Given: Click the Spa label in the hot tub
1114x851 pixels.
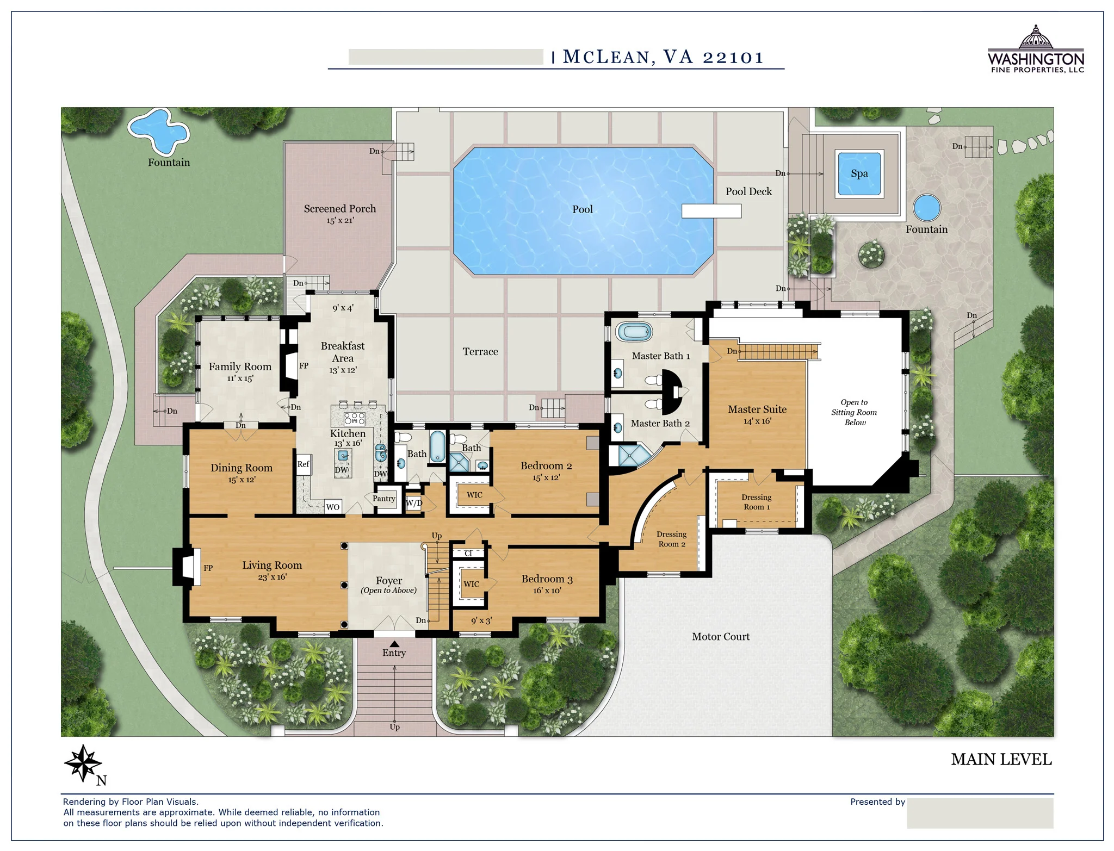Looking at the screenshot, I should tap(859, 173).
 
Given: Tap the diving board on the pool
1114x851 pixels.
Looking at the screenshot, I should tap(711, 210).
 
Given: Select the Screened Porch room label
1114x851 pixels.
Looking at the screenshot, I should tap(339, 209).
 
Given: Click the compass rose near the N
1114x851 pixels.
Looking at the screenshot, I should tap(83, 763).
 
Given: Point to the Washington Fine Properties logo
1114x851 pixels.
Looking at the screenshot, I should tap(1036, 49).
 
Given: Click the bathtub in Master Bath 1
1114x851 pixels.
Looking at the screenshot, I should tap(634, 331).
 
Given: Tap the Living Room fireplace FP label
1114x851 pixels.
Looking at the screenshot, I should tap(208, 568).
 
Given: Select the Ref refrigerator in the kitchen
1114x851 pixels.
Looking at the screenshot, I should tap(303, 464).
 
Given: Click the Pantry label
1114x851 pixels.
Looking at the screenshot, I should tap(384, 499).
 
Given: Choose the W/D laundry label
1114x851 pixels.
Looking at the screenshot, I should tap(414, 503).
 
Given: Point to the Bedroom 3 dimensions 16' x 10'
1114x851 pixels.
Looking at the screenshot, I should tap(547, 591).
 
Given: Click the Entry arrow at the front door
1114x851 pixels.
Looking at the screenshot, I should tap(394, 644).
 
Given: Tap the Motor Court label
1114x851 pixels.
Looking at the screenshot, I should tap(720, 637).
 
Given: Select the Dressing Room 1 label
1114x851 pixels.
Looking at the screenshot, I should tap(756, 502).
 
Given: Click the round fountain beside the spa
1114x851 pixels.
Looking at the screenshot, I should tap(927, 208).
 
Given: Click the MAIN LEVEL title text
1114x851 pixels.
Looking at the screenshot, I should tap(1001, 760).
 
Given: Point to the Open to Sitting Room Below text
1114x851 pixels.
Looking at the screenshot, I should tap(854, 412).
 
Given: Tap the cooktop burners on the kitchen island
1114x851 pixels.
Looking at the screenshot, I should tap(355, 418).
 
